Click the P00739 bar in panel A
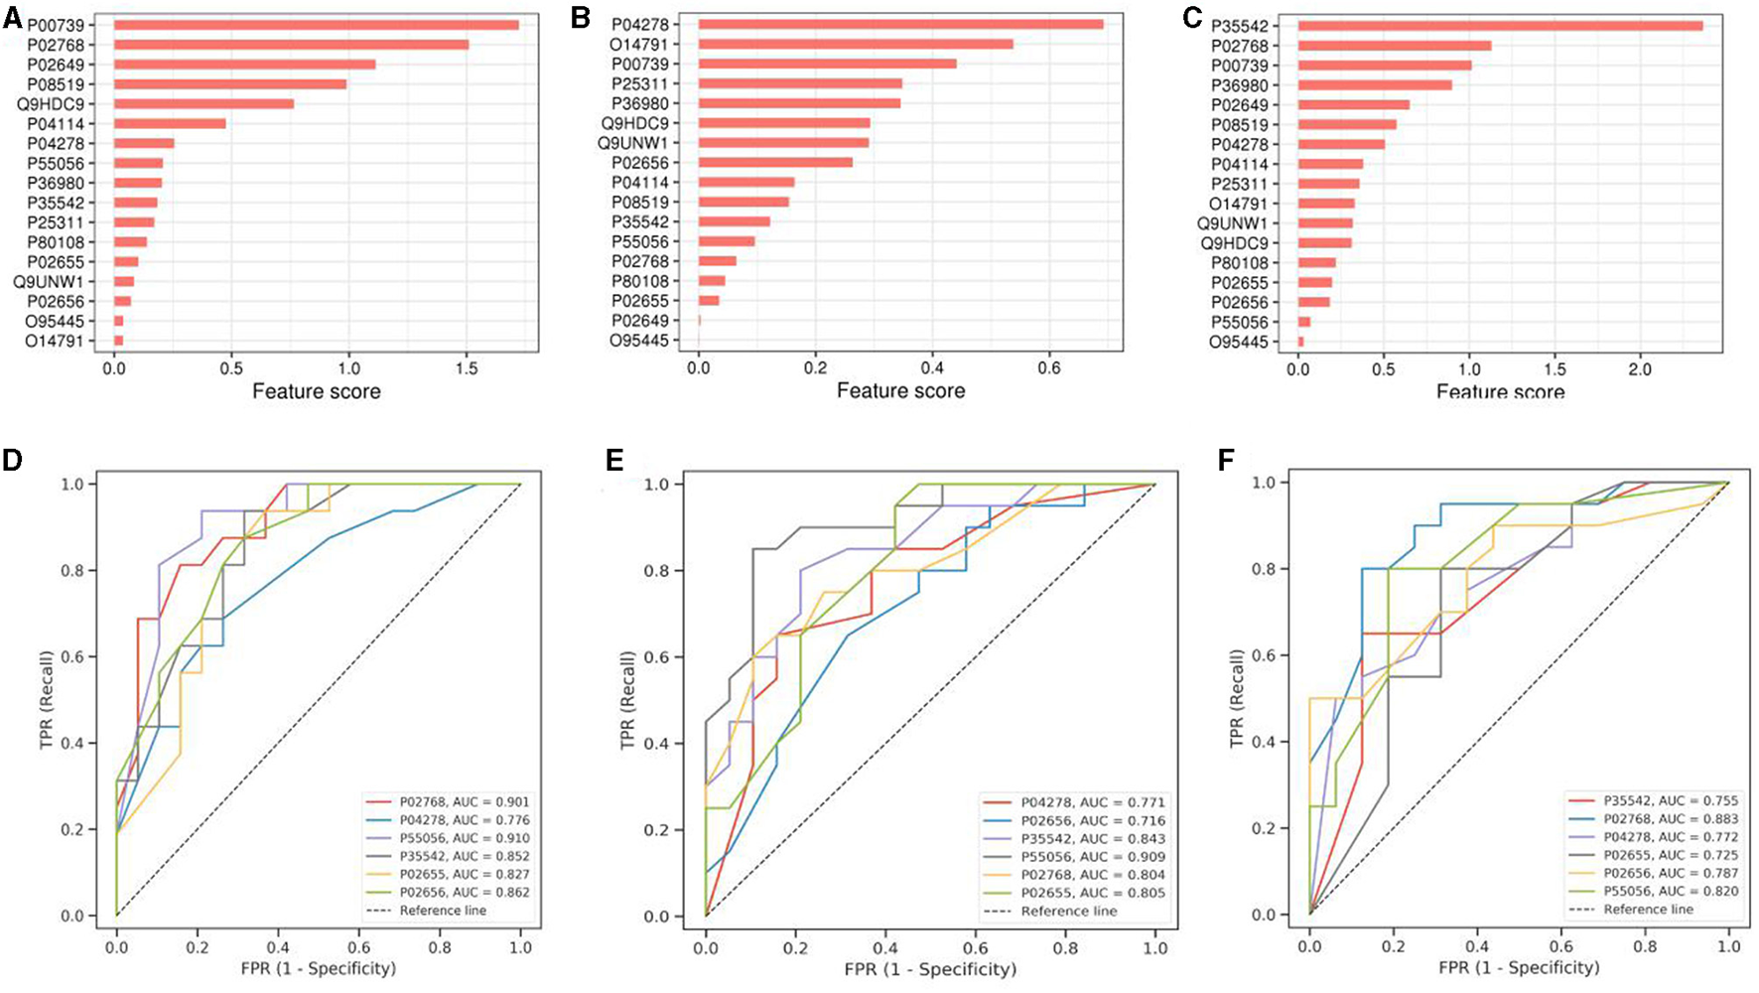pos(316,25)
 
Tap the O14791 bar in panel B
pos(855,44)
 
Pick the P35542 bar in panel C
pos(1499,26)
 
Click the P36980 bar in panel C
pos(1374,85)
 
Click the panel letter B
pos(581,16)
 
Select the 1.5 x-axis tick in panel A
pos(467,368)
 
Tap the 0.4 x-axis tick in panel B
pos(932,368)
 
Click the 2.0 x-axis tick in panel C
pos(1640,369)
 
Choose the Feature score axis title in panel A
pos(317,391)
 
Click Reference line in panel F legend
pos(1649,909)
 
